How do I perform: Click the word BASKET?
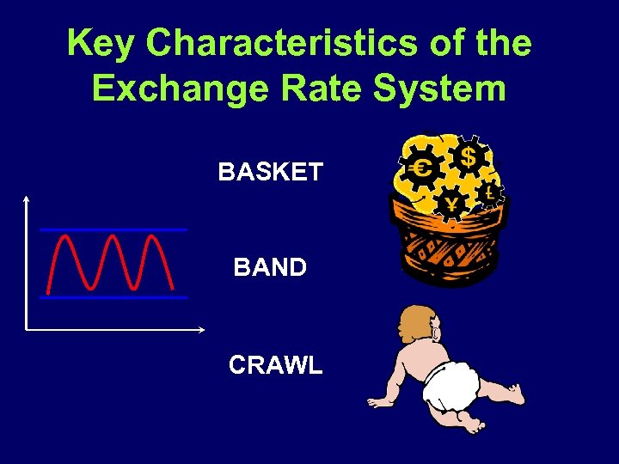[x=270, y=172]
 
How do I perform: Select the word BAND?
[x=270, y=267]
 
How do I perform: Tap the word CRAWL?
[x=275, y=365]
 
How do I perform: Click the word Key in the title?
[x=101, y=43]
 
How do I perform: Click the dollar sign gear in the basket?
[x=468, y=157]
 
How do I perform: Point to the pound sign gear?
[x=490, y=193]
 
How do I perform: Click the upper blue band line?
[x=113, y=230]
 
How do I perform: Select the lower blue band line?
[x=113, y=297]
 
